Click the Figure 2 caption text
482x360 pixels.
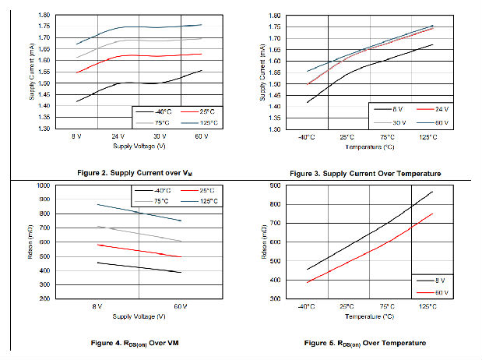pos(123,171)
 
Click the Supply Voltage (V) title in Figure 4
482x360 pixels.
pos(139,316)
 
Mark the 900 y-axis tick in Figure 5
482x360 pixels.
pos(276,185)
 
